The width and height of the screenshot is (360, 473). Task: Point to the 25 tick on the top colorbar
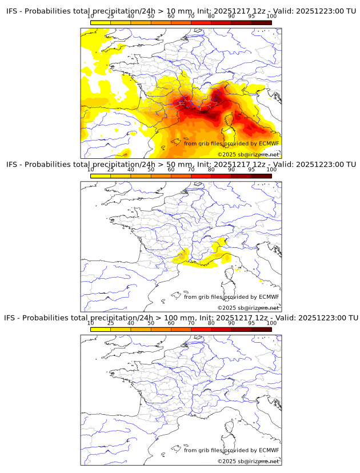[x=110, y=17]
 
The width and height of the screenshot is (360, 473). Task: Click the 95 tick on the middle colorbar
[x=251, y=170]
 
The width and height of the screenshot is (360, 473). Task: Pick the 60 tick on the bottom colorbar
[x=171, y=323]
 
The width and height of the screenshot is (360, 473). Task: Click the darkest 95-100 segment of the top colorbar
[x=261, y=22]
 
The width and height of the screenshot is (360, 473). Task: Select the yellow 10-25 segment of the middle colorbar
[x=100, y=176]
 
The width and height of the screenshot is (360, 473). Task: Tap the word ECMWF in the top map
[x=269, y=143]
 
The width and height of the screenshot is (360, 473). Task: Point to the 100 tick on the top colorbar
[x=271, y=17]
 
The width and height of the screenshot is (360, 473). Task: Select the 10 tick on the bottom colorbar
[x=90, y=323]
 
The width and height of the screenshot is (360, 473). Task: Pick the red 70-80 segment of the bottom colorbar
[x=201, y=329]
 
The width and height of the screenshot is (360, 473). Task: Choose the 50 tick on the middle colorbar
[x=151, y=170]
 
